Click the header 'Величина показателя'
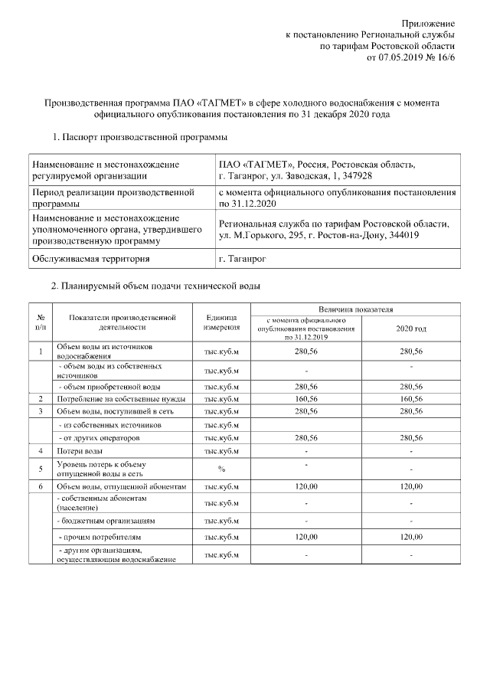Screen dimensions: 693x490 [356, 309]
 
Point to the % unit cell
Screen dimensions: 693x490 [221, 469]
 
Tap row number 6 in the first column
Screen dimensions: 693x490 [39, 486]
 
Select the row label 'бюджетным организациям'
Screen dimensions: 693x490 [104, 521]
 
